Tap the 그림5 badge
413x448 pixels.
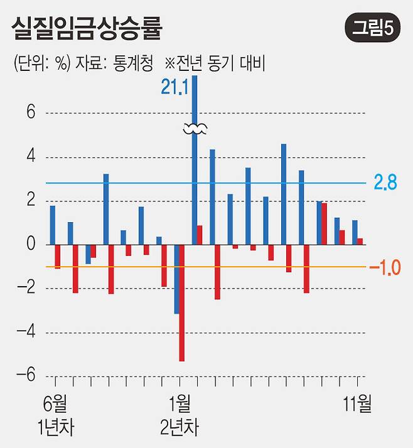[x=373, y=28]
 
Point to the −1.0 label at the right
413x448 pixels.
[x=385, y=268]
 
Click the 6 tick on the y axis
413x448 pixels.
[x=31, y=114]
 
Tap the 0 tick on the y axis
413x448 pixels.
[x=31, y=245]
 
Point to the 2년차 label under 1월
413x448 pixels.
[x=180, y=429]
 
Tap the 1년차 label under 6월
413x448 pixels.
[x=55, y=429]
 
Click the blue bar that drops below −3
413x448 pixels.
[x=176, y=279]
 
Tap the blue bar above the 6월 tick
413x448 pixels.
[x=53, y=225]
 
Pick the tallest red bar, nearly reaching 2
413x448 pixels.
[x=324, y=224]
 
